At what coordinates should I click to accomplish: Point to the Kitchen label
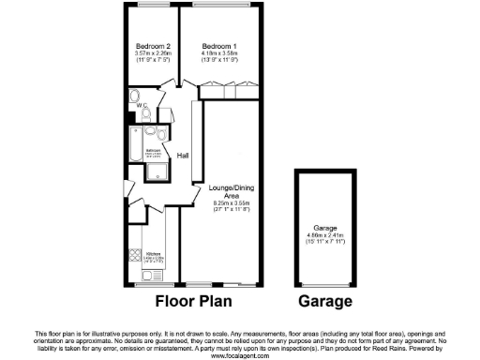[151, 253]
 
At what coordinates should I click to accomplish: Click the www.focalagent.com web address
[240, 355]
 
